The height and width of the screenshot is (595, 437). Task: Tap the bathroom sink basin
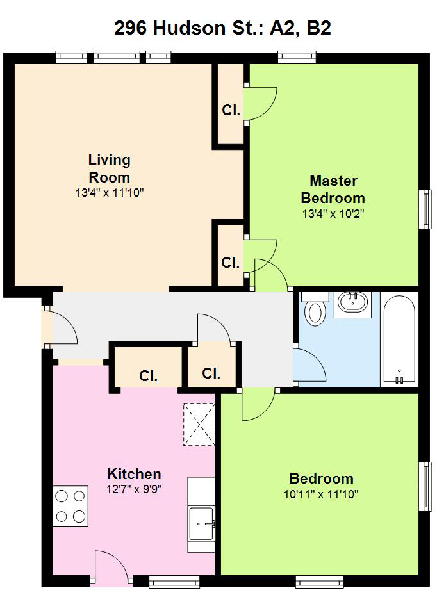click(353, 302)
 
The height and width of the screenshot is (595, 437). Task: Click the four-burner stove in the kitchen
click(70, 506)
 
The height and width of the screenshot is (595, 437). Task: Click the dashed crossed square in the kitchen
click(199, 424)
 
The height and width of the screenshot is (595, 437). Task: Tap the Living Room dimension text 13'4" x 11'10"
click(110, 193)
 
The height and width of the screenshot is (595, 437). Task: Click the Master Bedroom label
click(333, 190)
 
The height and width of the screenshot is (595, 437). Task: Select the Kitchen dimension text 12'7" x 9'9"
click(134, 489)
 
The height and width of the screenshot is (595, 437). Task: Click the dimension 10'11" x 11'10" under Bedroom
click(321, 494)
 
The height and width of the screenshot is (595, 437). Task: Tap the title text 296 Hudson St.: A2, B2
click(222, 28)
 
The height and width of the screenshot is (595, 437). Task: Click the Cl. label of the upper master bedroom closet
click(231, 110)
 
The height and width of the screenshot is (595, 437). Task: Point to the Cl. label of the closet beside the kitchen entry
click(148, 376)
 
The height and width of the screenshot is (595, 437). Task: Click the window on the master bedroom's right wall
click(425, 209)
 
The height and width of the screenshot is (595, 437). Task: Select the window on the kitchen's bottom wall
click(174, 582)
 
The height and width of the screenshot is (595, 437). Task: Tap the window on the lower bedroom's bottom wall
click(319, 582)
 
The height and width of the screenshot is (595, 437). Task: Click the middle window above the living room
click(117, 57)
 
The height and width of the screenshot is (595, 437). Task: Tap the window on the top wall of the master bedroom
click(297, 57)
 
